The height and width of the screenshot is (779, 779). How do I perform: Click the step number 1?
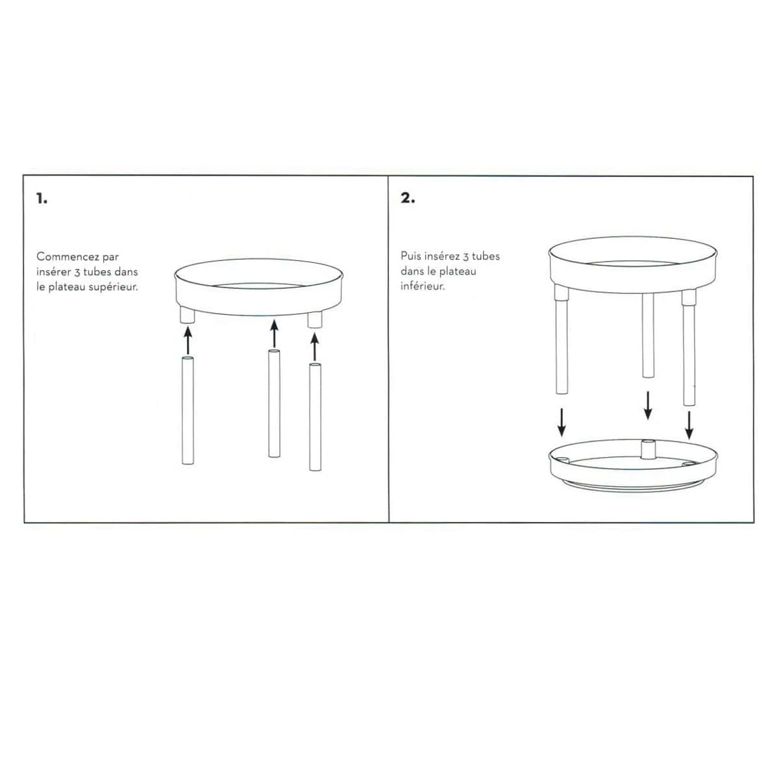click(42, 199)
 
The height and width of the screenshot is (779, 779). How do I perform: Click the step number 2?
click(408, 198)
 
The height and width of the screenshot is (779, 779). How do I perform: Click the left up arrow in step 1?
click(188, 340)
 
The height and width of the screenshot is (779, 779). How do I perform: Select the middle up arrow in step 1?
click(275, 334)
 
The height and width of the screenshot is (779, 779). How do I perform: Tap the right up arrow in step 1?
click(315, 347)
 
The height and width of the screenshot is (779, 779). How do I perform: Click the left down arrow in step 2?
click(561, 423)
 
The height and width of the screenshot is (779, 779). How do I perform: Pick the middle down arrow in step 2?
click(648, 406)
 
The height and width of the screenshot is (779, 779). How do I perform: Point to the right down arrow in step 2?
click(689, 425)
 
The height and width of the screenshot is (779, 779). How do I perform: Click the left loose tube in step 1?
click(188, 410)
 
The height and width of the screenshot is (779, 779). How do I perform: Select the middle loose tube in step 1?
click(274, 403)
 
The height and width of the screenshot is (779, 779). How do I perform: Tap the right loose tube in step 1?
click(315, 417)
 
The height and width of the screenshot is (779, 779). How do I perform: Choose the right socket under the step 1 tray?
click(314, 319)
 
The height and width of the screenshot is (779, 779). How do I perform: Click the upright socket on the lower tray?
click(648, 449)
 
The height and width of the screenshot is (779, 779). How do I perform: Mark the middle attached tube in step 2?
click(648, 336)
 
